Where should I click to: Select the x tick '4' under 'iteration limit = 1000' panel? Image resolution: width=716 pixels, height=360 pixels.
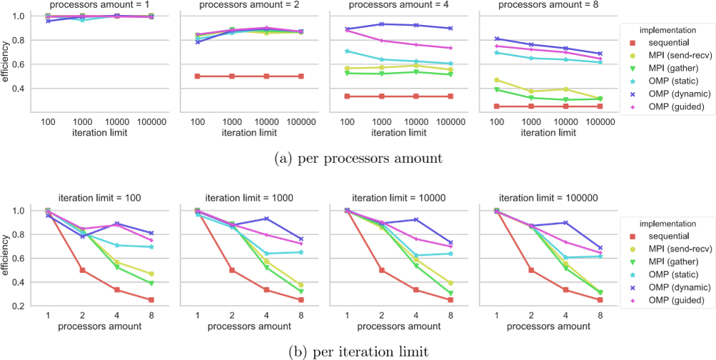(x=266, y=316)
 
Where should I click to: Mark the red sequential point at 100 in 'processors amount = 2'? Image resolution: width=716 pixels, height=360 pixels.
(x=197, y=76)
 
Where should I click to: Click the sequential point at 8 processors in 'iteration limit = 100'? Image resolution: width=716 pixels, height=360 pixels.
(x=151, y=300)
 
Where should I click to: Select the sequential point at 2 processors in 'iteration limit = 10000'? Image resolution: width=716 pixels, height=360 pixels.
(x=382, y=270)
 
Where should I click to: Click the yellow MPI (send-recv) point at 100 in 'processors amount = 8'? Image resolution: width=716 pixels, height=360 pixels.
(x=496, y=81)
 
